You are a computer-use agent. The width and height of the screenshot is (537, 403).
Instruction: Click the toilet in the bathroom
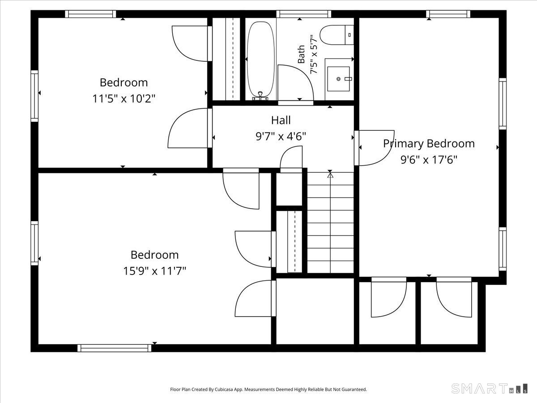coord(337,35)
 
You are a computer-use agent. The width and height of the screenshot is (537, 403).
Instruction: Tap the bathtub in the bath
coord(260,60)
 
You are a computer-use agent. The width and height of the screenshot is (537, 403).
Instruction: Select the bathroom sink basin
coord(338,79)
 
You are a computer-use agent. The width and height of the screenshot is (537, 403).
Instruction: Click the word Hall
coord(281,120)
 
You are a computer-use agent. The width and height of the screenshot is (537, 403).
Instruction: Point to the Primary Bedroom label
coord(429,144)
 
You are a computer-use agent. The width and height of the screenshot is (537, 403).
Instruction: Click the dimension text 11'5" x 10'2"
coord(124,99)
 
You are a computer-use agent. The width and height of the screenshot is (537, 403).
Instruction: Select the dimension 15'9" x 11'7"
coord(154,271)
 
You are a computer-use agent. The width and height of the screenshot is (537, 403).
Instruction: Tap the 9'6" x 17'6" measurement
coord(429,160)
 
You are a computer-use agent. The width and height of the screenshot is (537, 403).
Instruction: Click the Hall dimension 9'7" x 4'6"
coord(281,136)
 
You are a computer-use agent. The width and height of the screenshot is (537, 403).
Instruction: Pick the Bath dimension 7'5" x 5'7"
coord(314,54)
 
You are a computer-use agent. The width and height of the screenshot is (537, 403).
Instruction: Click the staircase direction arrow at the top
coord(330,175)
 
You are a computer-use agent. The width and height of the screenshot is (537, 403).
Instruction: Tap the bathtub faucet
coord(260,96)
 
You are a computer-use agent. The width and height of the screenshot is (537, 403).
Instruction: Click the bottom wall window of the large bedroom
coord(115,348)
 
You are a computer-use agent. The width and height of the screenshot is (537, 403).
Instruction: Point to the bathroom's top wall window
coord(303,14)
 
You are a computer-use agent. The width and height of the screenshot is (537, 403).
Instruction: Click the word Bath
coord(302,54)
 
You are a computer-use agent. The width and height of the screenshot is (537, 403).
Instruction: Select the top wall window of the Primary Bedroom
coord(448,14)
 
